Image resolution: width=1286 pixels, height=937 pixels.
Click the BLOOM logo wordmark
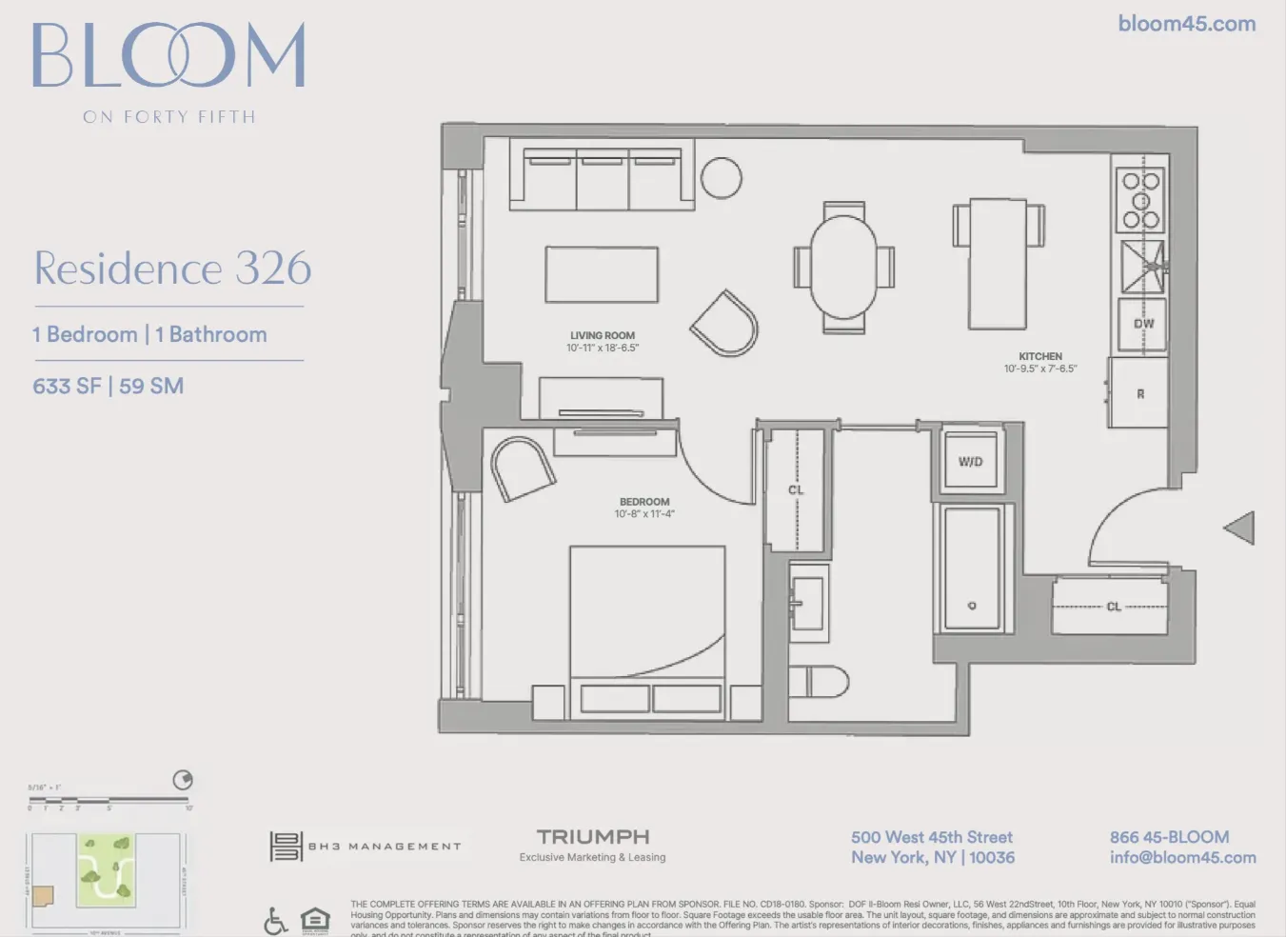pyautogui.click(x=168, y=56)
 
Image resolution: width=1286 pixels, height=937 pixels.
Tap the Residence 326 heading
pyautogui.click(x=172, y=269)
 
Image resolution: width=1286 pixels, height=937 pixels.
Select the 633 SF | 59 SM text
pyautogui.click(x=109, y=387)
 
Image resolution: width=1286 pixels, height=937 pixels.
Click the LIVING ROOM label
pyautogui.click(x=603, y=335)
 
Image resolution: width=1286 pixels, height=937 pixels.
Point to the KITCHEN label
pyautogui.click(x=1040, y=356)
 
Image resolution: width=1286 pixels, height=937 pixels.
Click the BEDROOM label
pyautogui.click(x=644, y=502)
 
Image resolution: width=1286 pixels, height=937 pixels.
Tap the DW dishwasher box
pyautogui.click(x=1143, y=324)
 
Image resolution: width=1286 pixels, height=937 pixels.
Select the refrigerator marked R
pyautogui.click(x=1139, y=393)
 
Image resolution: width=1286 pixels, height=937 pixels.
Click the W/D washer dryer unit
pyautogui.click(x=970, y=462)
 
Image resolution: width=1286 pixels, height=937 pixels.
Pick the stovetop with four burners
pyautogui.click(x=1140, y=199)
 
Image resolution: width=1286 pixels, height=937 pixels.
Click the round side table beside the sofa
pyautogui.click(x=722, y=177)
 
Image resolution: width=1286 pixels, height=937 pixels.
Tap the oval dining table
pyautogui.click(x=844, y=267)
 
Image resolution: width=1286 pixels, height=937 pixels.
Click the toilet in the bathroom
pyautogui.click(x=821, y=682)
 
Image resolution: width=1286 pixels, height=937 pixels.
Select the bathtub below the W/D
pyautogui.click(x=972, y=568)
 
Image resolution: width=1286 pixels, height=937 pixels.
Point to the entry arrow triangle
pyautogui.click(x=1240, y=528)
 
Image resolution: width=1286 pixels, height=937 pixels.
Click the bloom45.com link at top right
pyautogui.click(x=1186, y=24)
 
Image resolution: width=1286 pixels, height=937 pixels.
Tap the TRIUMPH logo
pyautogui.click(x=592, y=837)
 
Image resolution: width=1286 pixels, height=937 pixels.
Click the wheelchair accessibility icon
pyautogui.click(x=275, y=921)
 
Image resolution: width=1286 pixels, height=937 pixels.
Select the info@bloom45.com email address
pyautogui.click(x=1182, y=858)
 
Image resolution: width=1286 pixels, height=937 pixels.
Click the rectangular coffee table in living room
pyautogui.click(x=602, y=274)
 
